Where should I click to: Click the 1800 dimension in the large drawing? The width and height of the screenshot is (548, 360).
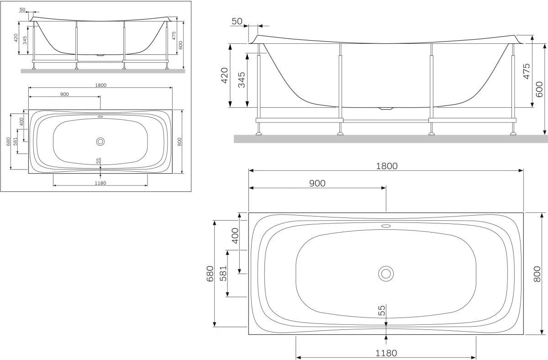click(x=386, y=166)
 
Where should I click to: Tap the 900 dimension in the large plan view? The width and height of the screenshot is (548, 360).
click(x=317, y=183)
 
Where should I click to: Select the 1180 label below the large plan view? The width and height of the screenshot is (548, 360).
click(x=386, y=353)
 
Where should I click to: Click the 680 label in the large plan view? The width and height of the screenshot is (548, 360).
click(x=210, y=274)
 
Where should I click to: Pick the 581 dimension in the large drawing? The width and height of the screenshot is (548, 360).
click(x=223, y=273)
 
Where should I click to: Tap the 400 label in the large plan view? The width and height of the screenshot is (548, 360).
click(x=235, y=236)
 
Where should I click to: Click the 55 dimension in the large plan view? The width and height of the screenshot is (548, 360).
click(x=382, y=310)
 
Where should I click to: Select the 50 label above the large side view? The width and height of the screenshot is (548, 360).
click(x=237, y=21)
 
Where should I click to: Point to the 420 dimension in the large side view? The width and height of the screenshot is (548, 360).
click(x=224, y=75)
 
